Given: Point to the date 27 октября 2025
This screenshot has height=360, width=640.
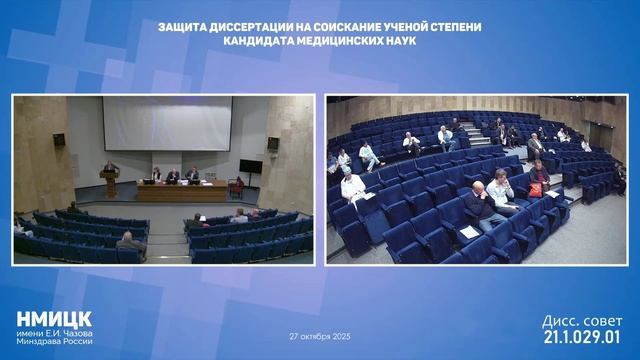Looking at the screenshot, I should tap(321, 336).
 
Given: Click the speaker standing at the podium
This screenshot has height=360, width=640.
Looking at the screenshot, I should tap(110, 170).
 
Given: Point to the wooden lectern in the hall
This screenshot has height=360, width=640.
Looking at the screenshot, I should tap(110, 184).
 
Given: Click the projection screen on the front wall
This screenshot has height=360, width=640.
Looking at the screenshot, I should tap(166, 130).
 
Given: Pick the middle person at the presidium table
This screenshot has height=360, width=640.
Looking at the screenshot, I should tap(173, 175).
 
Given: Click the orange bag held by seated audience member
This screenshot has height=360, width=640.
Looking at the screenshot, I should tap(537, 189).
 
